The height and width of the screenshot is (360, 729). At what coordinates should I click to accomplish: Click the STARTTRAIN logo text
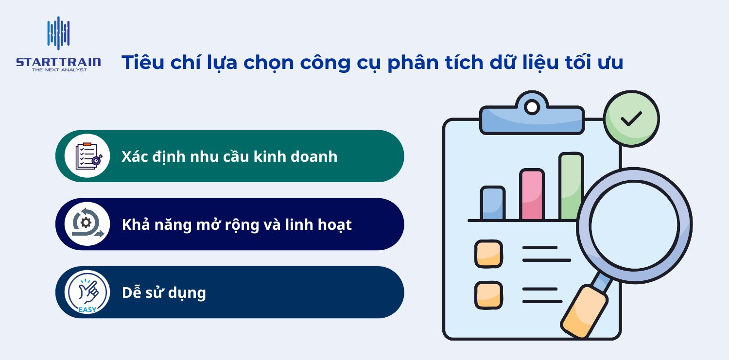[x=58, y=62]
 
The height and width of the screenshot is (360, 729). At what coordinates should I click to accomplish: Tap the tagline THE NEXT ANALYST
[x=59, y=70]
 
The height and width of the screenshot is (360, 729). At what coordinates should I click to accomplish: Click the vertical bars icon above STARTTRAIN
[x=58, y=33]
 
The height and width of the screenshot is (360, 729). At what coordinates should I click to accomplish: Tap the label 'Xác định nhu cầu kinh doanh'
[x=229, y=156]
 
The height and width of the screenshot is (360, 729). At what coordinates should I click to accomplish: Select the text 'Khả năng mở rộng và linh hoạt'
[x=237, y=225]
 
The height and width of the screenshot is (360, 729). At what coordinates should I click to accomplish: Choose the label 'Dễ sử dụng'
[x=164, y=293]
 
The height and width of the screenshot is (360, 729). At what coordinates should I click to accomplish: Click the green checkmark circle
[x=631, y=118]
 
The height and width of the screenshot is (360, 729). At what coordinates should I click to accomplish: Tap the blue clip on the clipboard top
[x=532, y=116]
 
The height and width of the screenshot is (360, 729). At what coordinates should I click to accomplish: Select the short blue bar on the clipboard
[x=492, y=203]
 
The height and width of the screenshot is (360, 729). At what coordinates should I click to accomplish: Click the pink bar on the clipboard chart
[x=532, y=194]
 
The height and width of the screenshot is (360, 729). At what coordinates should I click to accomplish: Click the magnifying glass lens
[x=635, y=225]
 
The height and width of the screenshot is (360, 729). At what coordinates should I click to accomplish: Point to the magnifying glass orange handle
[x=584, y=311]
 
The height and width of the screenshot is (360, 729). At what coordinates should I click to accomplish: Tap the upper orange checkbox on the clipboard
[x=488, y=254]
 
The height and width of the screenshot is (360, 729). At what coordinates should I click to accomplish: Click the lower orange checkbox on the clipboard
[x=488, y=295]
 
